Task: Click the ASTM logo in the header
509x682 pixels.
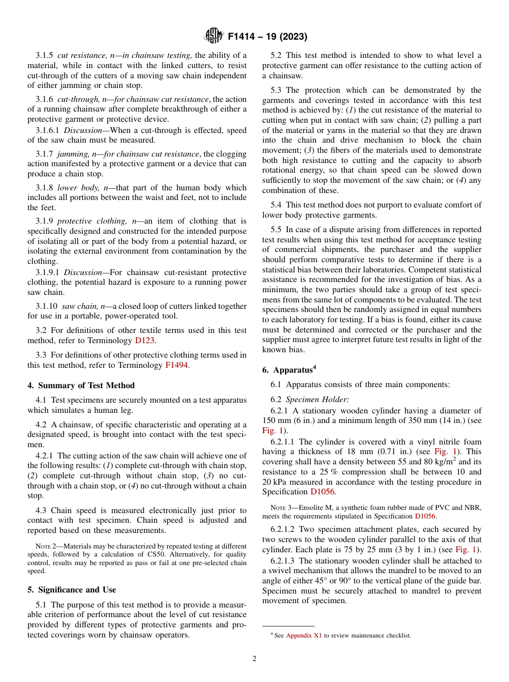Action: [x=214, y=36]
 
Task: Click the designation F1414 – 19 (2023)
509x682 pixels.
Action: [x=267, y=37]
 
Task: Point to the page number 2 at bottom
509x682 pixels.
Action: [x=254, y=658]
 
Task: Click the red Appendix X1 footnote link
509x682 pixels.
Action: [x=304, y=635]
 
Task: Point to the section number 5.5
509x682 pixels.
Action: [x=276, y=229]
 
